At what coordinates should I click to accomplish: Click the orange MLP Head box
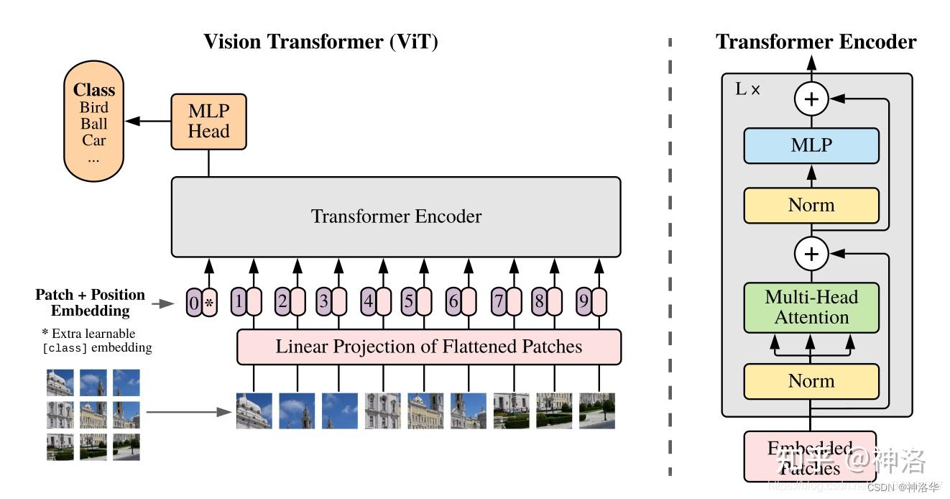pos(208,122)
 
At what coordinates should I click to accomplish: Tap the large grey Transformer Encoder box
pos(395,216)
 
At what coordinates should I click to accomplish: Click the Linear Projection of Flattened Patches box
pos(428,347)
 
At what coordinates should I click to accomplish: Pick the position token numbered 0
pos(193,303)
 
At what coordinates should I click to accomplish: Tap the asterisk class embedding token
pos(209,303)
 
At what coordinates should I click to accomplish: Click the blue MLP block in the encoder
pos(811,146)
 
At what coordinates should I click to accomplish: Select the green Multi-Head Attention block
pos(811,307)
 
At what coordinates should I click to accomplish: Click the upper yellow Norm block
pos(811,206)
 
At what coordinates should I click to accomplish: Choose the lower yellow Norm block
pos(811,381)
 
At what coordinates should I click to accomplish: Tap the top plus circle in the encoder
pos(811,99)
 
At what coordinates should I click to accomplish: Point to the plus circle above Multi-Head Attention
pos(811,253)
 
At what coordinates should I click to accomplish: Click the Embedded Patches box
pos(810,457)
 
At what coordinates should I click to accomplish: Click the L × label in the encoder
pos(747,90)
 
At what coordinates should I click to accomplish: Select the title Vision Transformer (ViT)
pos(320,42)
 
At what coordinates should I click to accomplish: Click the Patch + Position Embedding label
pos(91,303)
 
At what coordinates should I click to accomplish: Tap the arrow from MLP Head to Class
pos(149,122)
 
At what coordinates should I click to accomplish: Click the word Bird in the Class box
pos(94,108)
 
